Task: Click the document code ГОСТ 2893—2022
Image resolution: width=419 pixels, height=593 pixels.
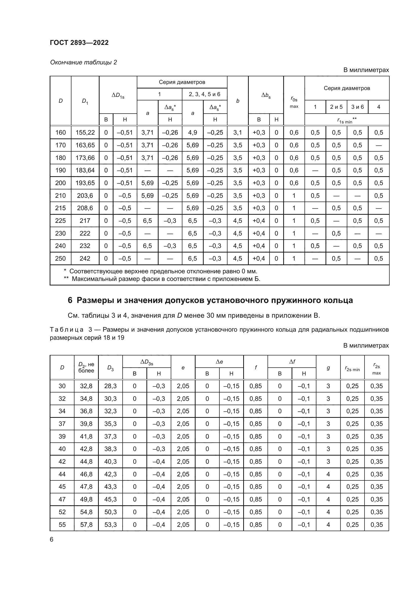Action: [x=79, y=43]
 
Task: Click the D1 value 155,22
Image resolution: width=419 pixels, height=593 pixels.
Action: [x=85, y=133]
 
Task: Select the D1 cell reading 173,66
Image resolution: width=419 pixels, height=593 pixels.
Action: [x=85, y=158]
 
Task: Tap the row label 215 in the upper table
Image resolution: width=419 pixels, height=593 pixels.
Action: [x=60, y=208]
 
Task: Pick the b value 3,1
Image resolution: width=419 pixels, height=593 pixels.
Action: [x=237, y=133]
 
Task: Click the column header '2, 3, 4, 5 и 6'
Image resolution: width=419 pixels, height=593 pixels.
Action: [x=204, y=94]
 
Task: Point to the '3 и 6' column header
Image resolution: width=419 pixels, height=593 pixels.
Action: [x=357, y=107]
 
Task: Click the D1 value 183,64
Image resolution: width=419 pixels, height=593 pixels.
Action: [x=85, y=170]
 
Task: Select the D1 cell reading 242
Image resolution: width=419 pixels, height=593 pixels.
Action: [x=85, y=259]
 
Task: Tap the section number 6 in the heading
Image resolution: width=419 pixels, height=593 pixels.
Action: [x=70, y=300]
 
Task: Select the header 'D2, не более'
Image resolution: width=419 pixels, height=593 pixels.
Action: [x=86, y=368]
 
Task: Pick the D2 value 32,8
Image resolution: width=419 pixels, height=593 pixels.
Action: [x=86, y=386]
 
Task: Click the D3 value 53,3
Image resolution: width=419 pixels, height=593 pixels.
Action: [x=110, y=525]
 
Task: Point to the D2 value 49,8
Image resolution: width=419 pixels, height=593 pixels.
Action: [x=86, y=499]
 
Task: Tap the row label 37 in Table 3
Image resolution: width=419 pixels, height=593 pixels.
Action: [x=62, y=424]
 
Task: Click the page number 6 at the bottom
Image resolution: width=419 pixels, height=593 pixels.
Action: [x=52, y=540]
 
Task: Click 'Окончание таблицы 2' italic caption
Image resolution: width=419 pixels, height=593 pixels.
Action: [x=83, y=62]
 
